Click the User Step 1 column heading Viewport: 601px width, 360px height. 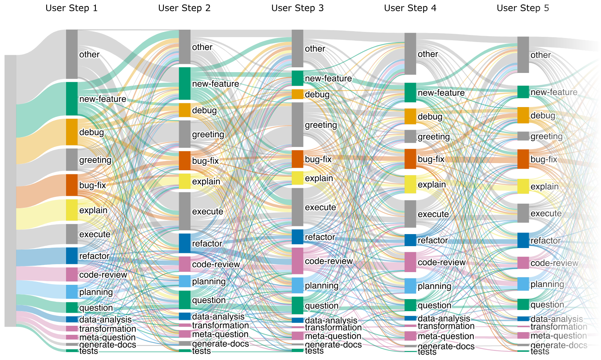(71, 8)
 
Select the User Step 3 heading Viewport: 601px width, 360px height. (297, 8)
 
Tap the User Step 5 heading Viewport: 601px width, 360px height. (522, 8)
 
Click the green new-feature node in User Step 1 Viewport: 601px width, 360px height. (72, 99)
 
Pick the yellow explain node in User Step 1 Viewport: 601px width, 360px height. (72, 210)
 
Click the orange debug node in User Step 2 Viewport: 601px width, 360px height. (184, 110)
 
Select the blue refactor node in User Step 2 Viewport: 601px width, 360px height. (184, 243)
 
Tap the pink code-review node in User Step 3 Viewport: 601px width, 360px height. (297, 261)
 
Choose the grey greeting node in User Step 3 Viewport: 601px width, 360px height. (297, 125)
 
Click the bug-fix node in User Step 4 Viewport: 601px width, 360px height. (410, 159)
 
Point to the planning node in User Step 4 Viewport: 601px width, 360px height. (410, 286)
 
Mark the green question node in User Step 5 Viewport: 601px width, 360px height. (523, 304)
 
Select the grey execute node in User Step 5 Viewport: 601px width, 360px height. (523, 213)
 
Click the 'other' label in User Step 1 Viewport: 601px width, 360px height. (89, 54)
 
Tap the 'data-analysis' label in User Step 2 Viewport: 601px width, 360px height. (218, 316)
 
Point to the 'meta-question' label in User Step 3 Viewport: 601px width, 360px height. (333, 336)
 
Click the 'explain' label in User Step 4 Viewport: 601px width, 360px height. (432, 185)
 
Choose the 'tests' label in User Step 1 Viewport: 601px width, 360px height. (89, 351)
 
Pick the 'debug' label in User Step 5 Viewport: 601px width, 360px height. (543, 115)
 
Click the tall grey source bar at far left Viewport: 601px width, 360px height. (11, 191)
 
